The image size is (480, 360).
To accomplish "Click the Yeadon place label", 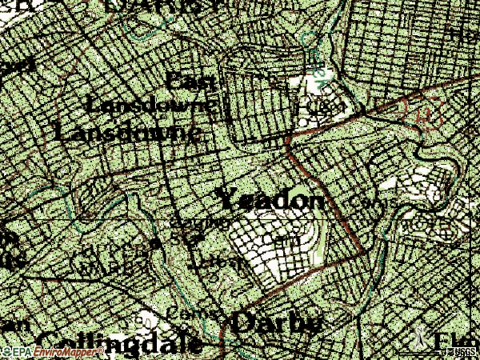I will point(271,199).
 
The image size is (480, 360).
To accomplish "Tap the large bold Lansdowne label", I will point(127,131).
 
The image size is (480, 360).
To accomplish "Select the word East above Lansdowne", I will point(191,82).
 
